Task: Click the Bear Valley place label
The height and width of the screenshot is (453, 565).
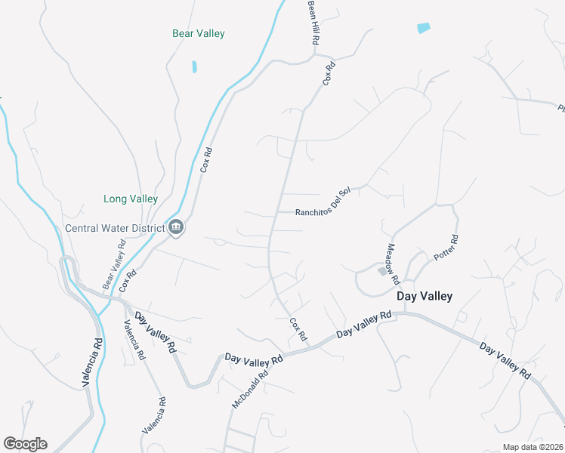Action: pos(199,33)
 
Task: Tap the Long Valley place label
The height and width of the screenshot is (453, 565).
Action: pos(131,199)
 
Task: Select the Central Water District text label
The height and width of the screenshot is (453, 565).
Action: pos(115,228)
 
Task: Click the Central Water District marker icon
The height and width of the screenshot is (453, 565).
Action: pos(176,226)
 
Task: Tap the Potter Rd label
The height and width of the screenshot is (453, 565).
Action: pos(446,248)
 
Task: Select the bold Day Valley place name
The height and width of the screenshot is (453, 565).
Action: pos(425,296)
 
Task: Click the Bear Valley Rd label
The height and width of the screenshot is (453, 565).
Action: pos(114,264)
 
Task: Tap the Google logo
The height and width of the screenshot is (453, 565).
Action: pos(25,444)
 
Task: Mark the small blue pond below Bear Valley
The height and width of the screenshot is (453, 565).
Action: pos(194,66)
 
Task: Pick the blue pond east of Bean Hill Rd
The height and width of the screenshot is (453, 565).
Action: pos(424,29)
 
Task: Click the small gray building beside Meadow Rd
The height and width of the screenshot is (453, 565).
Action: pos(382,271)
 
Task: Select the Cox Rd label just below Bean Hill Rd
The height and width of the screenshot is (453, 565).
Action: pos(329,73)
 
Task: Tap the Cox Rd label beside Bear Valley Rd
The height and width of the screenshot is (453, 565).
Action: pos(127,280)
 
